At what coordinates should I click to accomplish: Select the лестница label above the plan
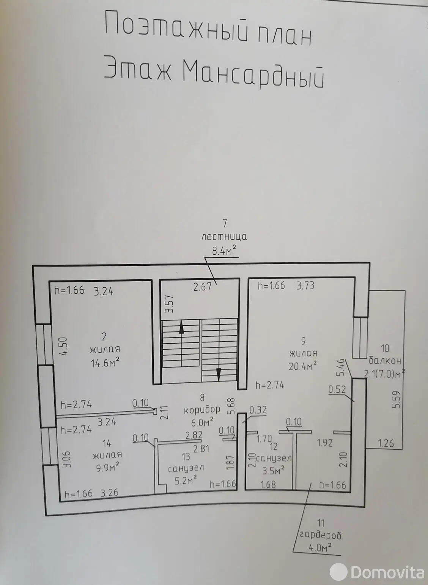coord(224,237)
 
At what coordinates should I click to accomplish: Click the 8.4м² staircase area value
coord(224,251)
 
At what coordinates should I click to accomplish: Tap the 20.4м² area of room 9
coord(303,366)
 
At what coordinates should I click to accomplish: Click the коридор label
coord(202,410)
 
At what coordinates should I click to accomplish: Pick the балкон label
coord(385,361)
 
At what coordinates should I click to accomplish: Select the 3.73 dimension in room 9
coord(305,286)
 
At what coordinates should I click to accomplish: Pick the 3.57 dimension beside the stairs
coord(169,304)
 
